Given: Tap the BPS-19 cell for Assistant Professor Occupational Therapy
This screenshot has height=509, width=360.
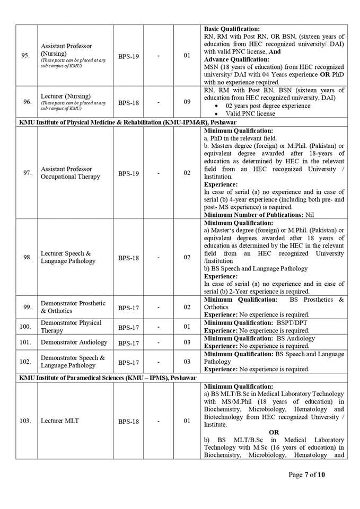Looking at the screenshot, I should point(128,173).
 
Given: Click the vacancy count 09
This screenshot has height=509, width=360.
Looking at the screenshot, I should point(187,102).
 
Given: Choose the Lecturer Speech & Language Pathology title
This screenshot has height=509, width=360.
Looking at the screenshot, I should point(68,257).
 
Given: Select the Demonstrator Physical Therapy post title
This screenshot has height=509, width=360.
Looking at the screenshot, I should point(71,327).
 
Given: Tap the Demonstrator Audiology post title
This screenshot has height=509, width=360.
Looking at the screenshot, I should point(74,343).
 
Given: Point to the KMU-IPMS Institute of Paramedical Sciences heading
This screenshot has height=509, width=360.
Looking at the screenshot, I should point(108,378).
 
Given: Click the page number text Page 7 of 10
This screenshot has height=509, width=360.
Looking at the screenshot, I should point(306,475).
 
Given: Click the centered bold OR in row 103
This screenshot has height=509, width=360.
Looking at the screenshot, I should point(274,432).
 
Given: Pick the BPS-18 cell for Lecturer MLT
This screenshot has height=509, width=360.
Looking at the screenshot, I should point(128,422).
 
